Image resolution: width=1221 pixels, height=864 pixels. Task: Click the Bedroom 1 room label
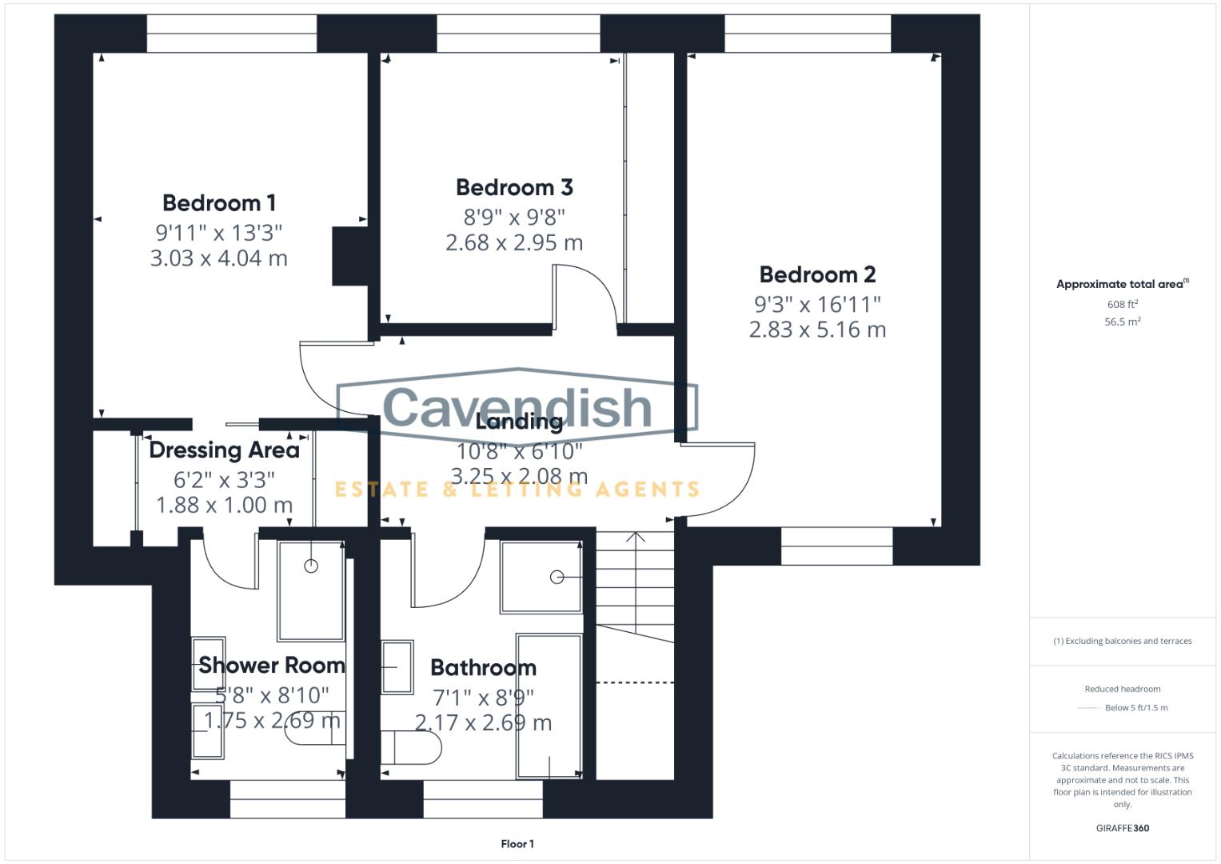click(218, 203)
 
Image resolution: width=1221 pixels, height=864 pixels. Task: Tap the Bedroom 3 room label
click(514, 188)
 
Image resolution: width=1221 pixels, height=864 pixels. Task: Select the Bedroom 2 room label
click(817, 275)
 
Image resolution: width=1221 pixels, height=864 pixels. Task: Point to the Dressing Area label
click(224, 450)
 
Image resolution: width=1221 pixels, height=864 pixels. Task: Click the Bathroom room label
click(483, 668)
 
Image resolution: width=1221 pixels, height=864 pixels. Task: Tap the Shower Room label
click(272, 666)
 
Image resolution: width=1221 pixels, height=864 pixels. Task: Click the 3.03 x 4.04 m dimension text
click(218, 258)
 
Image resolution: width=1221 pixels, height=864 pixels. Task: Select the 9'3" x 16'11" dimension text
click(817, 305)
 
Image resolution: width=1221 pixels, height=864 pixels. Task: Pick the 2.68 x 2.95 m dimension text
click(514, 243)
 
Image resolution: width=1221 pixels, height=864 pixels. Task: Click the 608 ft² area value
click(1122, 305)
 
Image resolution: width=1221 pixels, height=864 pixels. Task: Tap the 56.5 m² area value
click(1122, 322)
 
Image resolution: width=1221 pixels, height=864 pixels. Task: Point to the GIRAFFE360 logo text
click(1122, 829)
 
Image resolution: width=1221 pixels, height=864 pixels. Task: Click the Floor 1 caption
click(517, 844)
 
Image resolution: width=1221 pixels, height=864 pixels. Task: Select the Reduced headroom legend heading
click(1122, 689)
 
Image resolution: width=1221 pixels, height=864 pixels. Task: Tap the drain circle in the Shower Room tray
click(311, 566)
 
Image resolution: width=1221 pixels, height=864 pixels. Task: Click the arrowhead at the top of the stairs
click(636, 536)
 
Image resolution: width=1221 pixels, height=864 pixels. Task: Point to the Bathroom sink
click(397, 666)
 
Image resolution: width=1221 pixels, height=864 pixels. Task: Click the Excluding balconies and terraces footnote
click(1122, 642)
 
